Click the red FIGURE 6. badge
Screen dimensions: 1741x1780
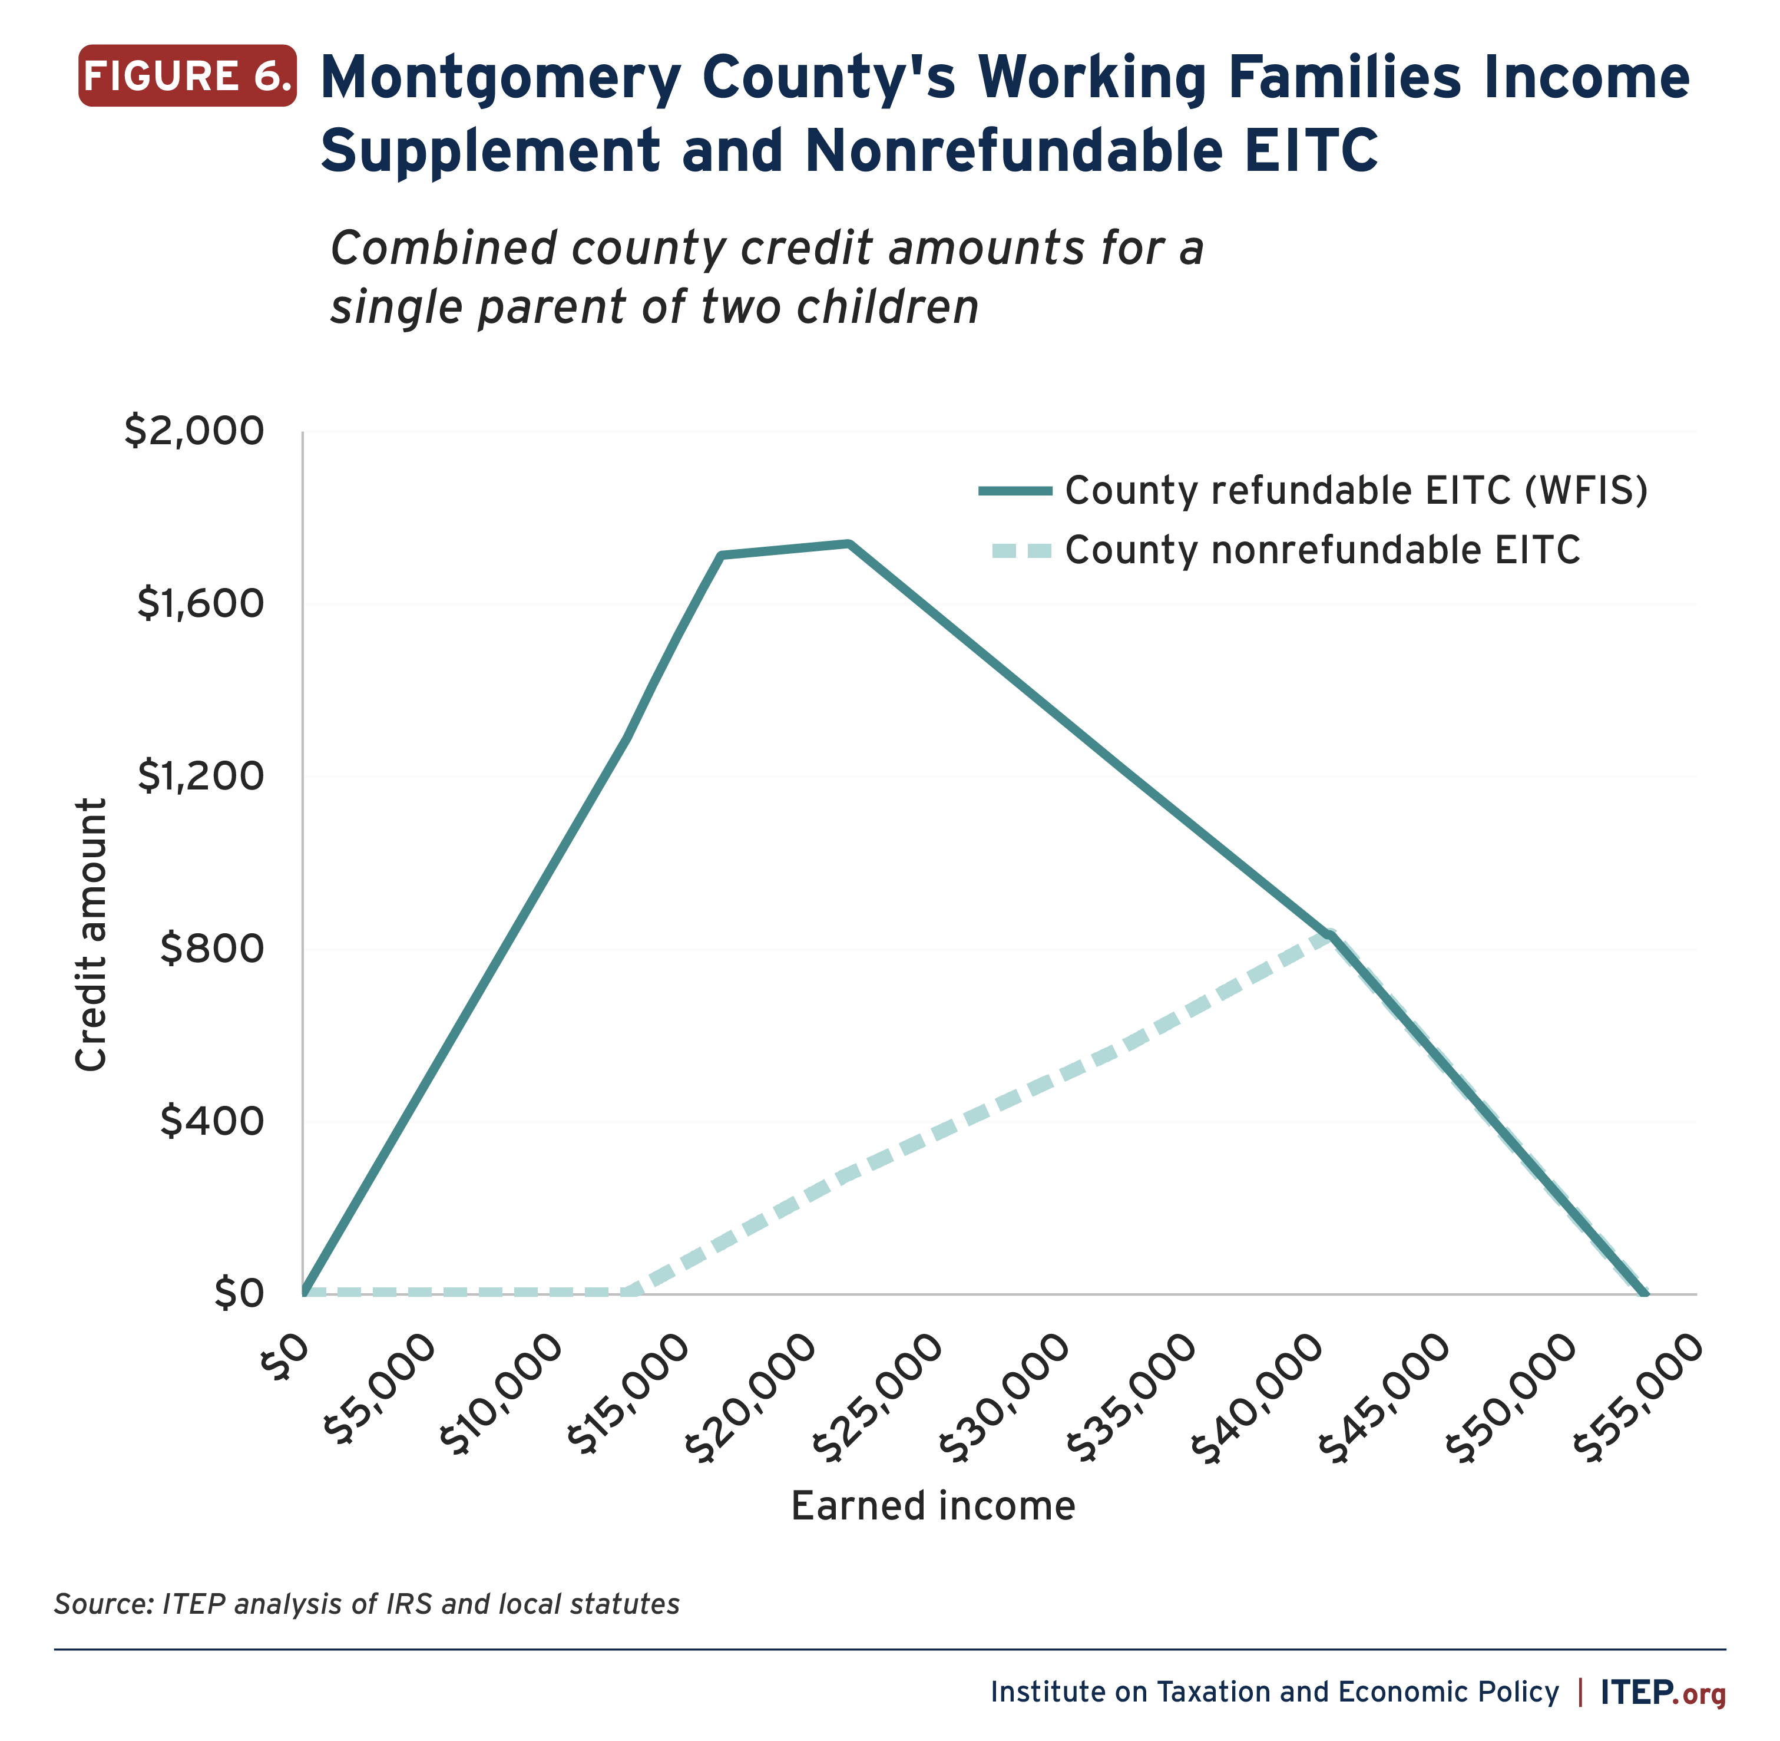pyautogui.click(x=187, y=76)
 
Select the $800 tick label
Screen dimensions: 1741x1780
pyautogui.click(x=212, y=948)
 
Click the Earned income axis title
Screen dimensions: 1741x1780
pyautogui.click(x=932, y=1506)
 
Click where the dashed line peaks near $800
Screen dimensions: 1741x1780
pyautogui.click(x=1330, y=934)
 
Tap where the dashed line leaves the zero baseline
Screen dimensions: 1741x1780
pyautogui.click(x=631, y=1292)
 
